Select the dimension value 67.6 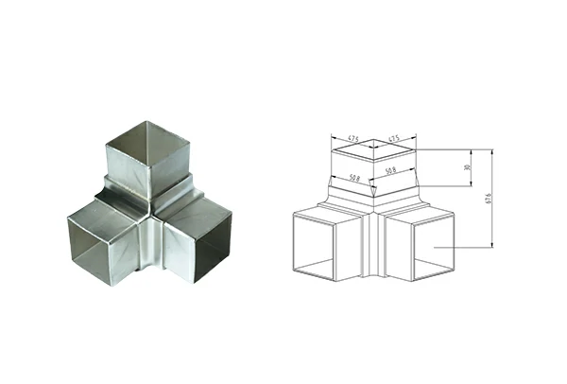pyautogui.click(x=488, y=199)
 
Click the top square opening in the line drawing pyautogui.click(x=374, y=149)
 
